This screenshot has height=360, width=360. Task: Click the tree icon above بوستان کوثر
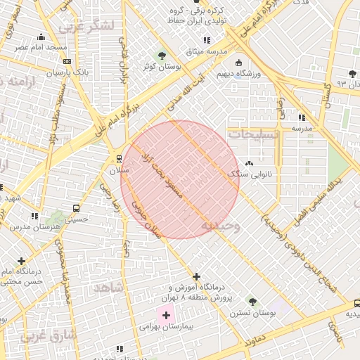(163, 54)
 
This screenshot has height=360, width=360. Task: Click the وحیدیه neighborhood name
(221, 226)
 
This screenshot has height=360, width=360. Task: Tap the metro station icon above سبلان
(118, 159)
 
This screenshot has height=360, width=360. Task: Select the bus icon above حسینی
(75, 207)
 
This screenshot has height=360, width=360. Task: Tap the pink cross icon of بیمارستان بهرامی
(167, 316)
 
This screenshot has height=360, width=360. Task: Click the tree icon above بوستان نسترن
(249, 300)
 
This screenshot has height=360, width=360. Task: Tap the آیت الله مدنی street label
(185, 93)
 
